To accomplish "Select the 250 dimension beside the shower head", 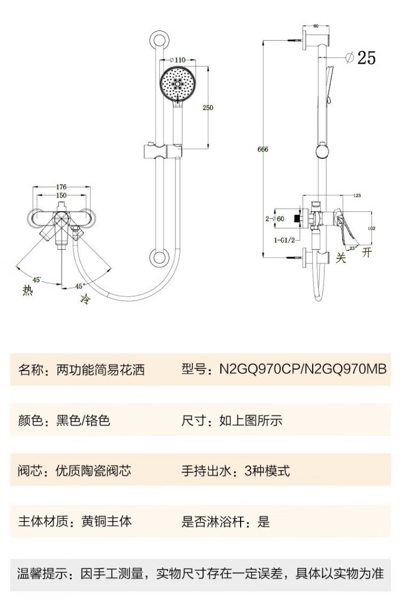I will click(x=208, y=107).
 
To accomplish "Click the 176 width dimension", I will click(x=61, y=187).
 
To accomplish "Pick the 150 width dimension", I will click(x=61, y=196).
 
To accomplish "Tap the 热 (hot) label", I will click(x=27, y=290).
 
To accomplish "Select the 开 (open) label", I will click(x=366, y=253).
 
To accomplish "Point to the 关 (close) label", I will click(x=341, y=258).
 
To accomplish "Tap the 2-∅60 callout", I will click(x=275, y=218).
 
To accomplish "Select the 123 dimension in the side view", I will click(x=357, y=196).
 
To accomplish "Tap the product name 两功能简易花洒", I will click(x=101, y=369).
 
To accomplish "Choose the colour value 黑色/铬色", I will click(x=83, y=420).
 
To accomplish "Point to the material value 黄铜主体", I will click(x=106, y=521).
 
